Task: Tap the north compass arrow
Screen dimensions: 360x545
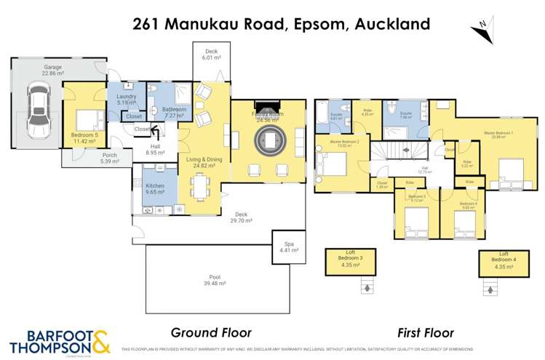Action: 480,28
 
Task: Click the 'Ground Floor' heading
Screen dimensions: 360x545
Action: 210,332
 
